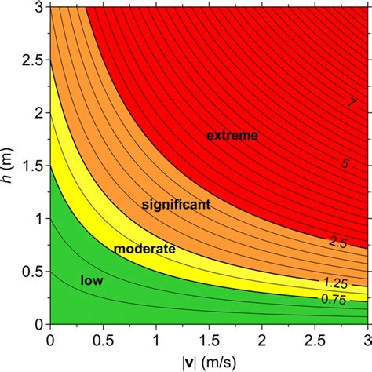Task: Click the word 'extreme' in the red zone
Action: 232,137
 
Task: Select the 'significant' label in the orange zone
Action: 175,205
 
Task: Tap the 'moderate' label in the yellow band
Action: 144,250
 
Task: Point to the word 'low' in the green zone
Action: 92,279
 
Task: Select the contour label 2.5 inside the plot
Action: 339,245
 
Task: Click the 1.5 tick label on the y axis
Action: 33,166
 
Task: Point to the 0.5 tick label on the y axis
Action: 33,272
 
